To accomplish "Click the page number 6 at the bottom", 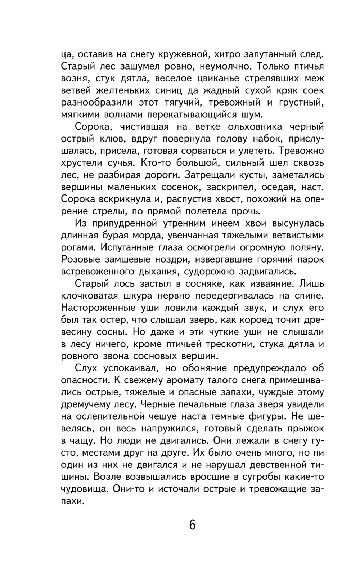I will click(192, 525).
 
